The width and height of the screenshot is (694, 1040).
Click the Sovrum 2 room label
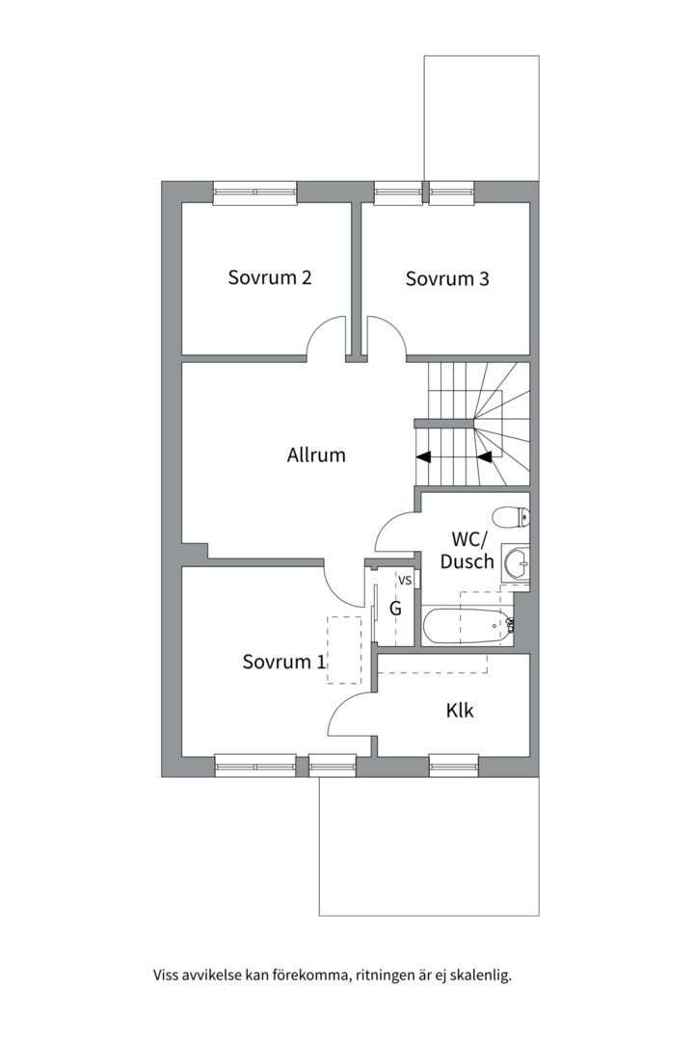point(270,277)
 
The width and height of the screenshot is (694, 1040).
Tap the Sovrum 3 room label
point(447,278)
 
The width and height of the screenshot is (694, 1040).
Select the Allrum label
point(316,455)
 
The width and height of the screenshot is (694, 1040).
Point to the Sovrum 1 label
point(284,662)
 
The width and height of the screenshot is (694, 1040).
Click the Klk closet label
point(460,711)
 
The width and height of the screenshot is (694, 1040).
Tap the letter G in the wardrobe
point(395,609)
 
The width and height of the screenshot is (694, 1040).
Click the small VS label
point(405,580)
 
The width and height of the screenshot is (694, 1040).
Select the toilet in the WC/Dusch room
point(512,517)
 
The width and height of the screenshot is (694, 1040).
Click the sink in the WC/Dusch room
point(516,564)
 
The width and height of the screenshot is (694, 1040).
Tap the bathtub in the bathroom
point(468,626)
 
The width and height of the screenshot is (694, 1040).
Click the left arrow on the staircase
point(423,456)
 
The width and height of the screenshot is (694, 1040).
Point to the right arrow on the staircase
point(484,456)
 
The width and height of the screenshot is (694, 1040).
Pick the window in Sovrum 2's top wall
point(255,192)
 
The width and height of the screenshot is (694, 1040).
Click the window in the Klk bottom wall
point(454,766)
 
